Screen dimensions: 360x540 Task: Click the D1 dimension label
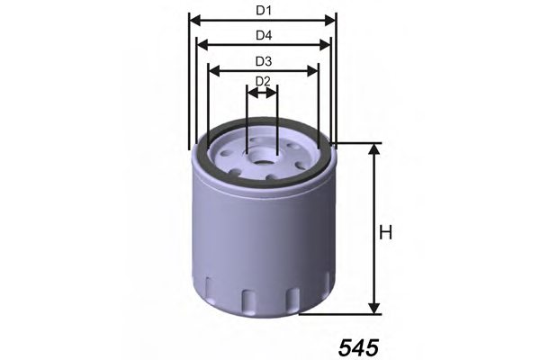pos(263,10)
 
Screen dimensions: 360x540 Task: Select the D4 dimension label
pos(263,35)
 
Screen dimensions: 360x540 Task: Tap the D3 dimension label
pos(263,61)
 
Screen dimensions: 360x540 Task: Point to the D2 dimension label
pos(263,81)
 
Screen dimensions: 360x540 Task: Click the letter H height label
pos(386,233)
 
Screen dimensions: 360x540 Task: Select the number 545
pos(360,346)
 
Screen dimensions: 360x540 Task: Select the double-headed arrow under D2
pos(262,91)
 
